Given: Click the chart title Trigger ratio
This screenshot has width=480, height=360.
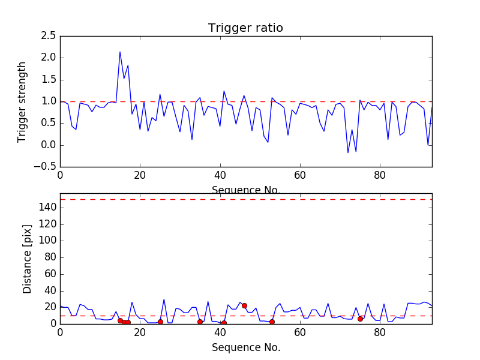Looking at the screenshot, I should point(245,28).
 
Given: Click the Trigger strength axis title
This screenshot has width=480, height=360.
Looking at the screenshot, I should point(22,101).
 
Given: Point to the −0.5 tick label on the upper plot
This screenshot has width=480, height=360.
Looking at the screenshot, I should point(44,167).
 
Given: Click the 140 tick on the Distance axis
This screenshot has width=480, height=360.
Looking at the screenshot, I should point(47,208).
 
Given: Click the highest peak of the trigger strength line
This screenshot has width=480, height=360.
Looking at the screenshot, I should point(120,52).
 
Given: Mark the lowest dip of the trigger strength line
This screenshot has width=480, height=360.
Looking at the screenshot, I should point(348,153).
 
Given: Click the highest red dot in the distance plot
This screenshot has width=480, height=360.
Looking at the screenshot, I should point(244,305).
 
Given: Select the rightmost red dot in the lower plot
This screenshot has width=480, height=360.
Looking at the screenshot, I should point(360,319).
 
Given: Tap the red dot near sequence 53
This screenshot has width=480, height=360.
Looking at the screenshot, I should point(272,322).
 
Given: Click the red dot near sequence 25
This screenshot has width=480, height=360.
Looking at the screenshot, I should point(160,322).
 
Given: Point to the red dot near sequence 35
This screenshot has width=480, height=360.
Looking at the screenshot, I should point(200,322).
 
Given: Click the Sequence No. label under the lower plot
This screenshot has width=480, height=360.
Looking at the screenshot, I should point(245,347).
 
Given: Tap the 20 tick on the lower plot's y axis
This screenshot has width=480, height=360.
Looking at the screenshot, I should point(50,307).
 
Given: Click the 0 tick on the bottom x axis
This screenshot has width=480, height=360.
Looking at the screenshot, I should point(60,332).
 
